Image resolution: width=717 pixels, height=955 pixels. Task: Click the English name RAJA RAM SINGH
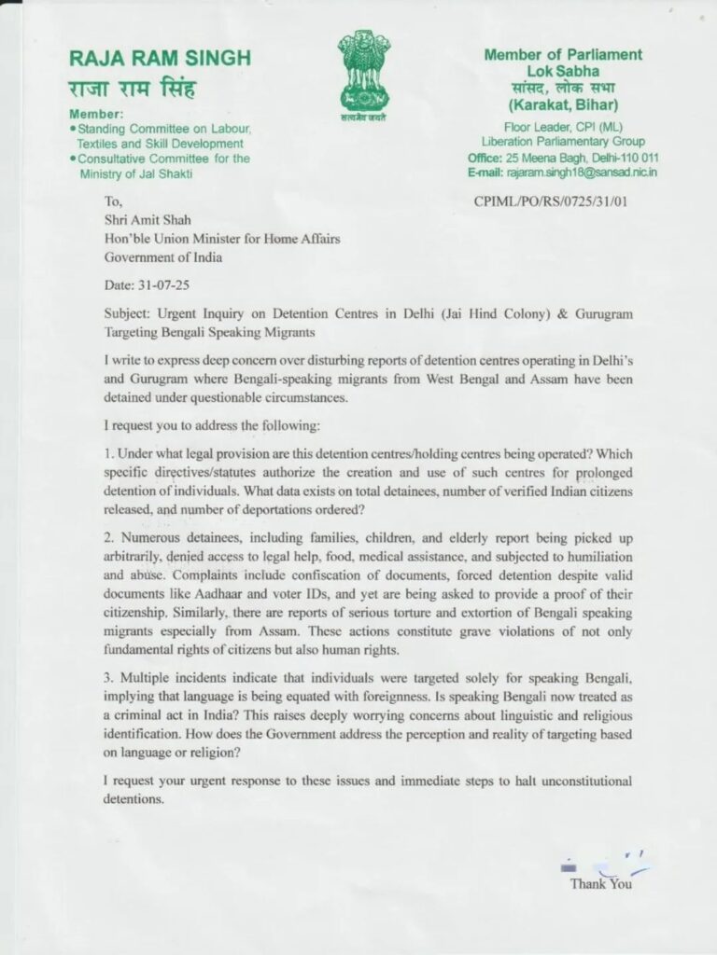pyautogui.click(x=160, y=59)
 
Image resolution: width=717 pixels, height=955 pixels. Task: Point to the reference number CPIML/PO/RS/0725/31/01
pyautogui.click(x=552, y=201)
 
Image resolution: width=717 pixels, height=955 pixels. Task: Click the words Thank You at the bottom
pyautogui.click(x=600, y=883)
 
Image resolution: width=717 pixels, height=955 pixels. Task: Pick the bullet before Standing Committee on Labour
pyautogui.click(x=73, y=129)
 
